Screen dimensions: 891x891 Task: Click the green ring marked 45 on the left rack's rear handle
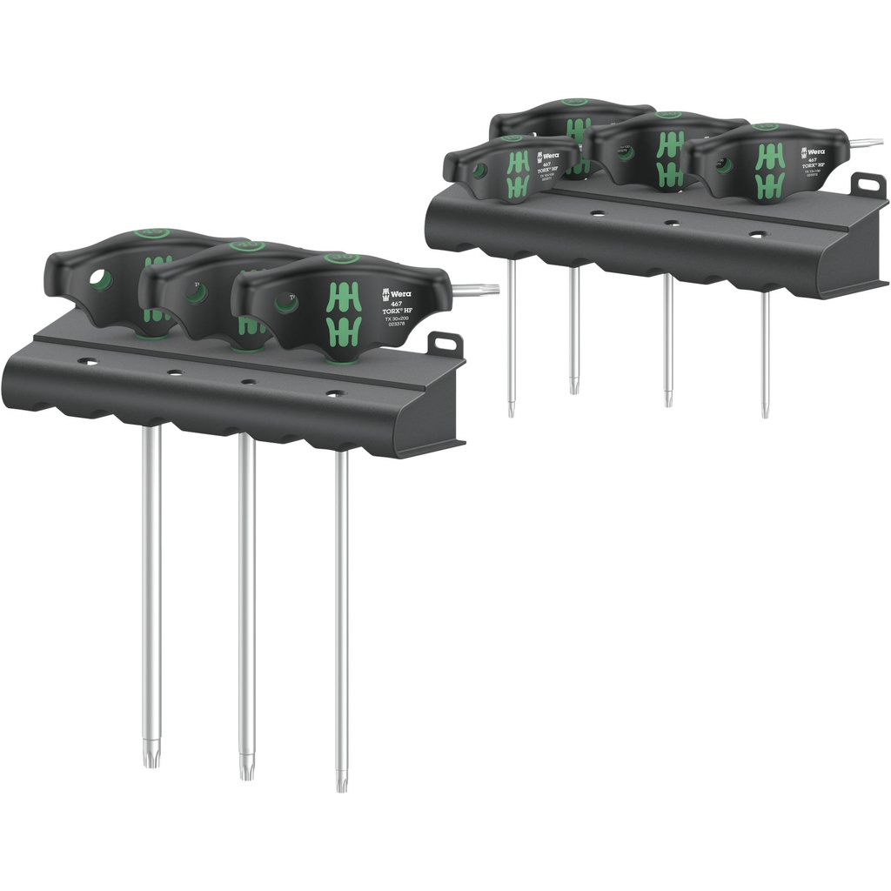[143, 234]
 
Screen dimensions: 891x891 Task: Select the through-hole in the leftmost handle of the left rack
[101, 280]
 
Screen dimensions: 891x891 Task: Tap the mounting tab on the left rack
[445, 344]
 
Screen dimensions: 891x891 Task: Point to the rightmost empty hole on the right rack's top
[758, 234]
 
